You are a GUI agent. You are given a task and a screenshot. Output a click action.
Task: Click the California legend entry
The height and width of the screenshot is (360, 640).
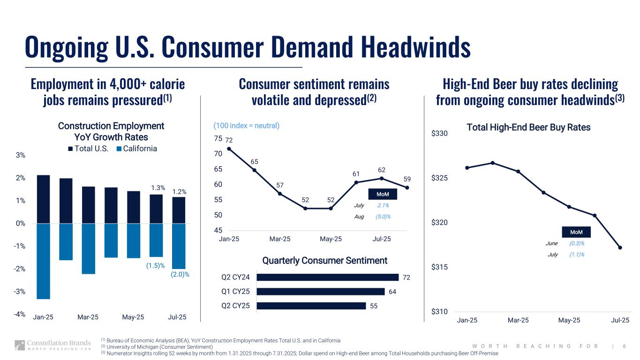click(136, 149)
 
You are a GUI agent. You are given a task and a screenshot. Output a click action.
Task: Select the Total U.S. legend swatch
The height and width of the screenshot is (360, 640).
click(70, 149)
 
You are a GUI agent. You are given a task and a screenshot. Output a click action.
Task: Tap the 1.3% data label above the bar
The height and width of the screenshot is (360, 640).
click(158, 188)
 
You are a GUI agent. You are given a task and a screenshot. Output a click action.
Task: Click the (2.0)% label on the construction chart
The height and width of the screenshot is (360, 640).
click(180, 274)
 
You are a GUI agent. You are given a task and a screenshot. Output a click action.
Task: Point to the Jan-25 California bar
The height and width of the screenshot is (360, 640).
click(43, 261)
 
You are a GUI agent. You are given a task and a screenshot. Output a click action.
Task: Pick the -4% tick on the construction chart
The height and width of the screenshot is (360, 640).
click(19, 314)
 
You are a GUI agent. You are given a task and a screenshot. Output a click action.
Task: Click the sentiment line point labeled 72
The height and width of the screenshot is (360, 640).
click(229, 149)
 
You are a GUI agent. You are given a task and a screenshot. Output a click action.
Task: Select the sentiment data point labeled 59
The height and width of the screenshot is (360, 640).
click(407, 187)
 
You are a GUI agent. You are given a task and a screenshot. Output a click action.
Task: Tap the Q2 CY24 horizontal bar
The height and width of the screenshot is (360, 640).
click(328, 277)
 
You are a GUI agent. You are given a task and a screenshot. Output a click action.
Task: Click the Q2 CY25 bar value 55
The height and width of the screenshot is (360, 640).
click(374, 306)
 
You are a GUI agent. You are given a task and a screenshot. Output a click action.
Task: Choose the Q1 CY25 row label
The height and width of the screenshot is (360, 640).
click(235, 292)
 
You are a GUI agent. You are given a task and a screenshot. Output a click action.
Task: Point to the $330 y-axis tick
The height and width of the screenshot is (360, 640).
click(439, 134)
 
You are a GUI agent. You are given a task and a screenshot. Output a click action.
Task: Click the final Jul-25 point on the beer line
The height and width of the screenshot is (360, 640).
click(620, 247)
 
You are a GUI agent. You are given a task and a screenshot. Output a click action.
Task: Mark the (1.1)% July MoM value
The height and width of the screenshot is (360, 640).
click(577, 255)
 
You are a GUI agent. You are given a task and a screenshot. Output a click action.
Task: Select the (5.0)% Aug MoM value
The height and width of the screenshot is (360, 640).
click(383, 217)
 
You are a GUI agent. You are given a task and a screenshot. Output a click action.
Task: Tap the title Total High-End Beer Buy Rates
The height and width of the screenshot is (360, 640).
click(528, 127)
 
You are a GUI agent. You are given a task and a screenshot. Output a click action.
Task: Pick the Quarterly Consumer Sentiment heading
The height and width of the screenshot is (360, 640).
click(324, 260)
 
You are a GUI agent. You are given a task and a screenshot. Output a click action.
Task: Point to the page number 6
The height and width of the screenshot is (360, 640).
click(625, 346)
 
